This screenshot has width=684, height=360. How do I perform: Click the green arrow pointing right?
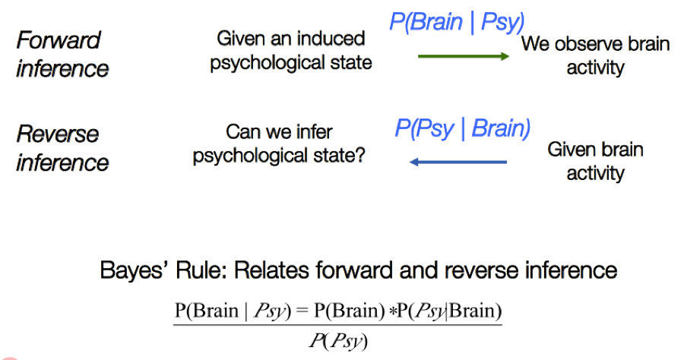pos(464,56)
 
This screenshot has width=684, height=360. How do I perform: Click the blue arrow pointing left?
pos(458,162)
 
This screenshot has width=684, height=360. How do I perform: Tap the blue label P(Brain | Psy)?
pos(457,21)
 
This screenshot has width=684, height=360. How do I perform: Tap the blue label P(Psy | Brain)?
pos(462,128)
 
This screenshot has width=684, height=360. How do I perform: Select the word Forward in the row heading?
pos(59,40)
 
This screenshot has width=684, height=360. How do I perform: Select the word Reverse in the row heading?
pos(58,134)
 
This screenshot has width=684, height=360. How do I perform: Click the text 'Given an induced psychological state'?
pos(291,50)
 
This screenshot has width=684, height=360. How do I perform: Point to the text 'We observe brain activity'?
pos(595,55)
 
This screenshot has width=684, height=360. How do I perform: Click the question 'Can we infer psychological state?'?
pos(279,144)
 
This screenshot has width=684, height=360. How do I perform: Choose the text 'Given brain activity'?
pos(595,161)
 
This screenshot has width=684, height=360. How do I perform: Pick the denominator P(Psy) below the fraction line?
pos(337,342)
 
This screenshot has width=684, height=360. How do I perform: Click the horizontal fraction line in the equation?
pos(337,326)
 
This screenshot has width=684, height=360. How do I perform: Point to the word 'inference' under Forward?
pos(62,69)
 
